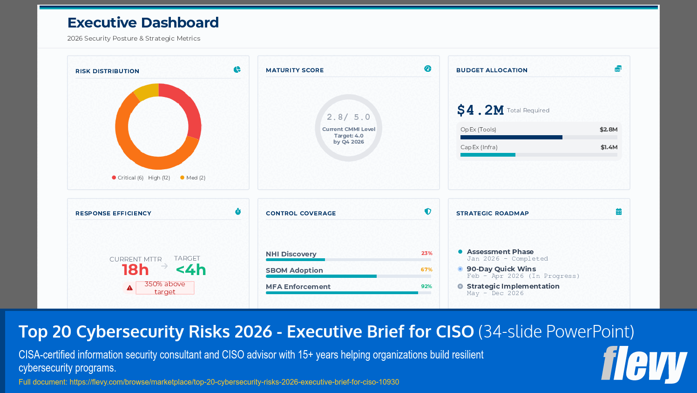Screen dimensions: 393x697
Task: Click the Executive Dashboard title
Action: [143, 22]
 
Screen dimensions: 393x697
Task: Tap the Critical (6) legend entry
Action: [128, 178]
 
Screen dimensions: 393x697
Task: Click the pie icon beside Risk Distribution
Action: [237, 69]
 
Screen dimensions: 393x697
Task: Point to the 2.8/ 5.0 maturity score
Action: [348, 117]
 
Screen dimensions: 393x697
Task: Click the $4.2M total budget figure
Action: [480, 110]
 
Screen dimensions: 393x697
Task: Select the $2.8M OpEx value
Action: [608, 130]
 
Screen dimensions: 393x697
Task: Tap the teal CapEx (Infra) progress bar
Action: [487, 155]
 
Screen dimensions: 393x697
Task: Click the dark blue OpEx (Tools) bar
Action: [511, 138]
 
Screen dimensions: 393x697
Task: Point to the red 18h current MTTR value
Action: [135, 270]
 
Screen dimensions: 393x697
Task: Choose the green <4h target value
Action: [190, 270]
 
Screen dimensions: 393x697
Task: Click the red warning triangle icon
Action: [129, 288]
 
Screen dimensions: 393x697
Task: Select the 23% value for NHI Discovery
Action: [426, 254]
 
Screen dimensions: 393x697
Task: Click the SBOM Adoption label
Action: [294, 270]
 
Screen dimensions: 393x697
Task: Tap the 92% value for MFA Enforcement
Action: [426, 287]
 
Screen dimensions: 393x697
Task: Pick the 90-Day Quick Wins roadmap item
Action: [501, 269]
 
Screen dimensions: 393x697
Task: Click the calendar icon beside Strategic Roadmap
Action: [618, 212]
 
